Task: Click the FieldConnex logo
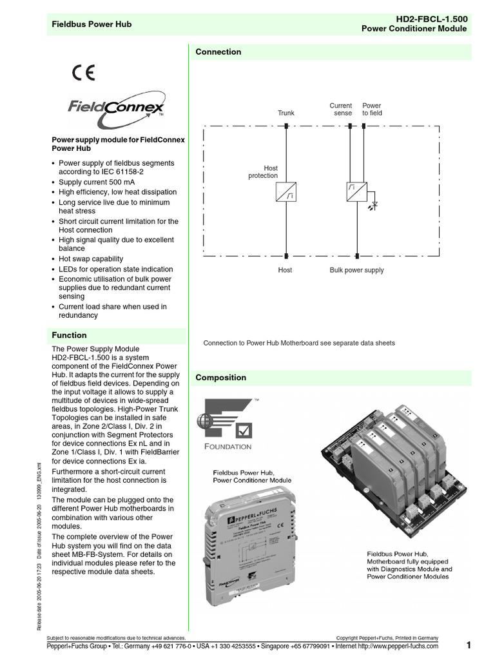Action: pos(117,108)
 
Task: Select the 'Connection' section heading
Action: pos(218,52)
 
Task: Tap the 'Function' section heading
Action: pos(70,335)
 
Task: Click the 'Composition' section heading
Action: pos(221,378)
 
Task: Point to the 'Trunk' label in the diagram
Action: pos(286,113)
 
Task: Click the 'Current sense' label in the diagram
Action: pos(341,109)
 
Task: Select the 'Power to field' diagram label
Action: pos(372,109)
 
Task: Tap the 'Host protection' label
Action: pos(263,171)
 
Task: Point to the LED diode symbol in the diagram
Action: pos(374,205)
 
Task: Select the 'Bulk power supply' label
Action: pos(356,270)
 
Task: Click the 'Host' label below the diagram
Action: pos(285,270)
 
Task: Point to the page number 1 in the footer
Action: pos(469,645)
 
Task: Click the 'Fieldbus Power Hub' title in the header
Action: pos(92,24)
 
